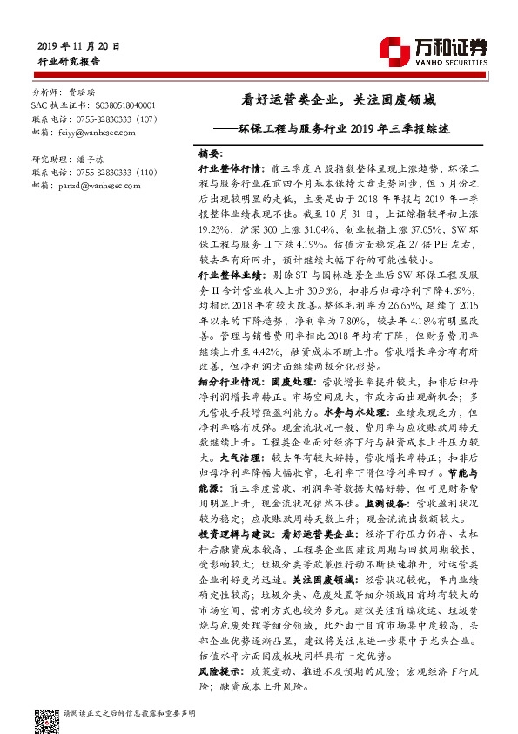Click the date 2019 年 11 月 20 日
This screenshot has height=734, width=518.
[x=79, y=45]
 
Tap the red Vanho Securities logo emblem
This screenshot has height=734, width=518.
[x=397, y=49]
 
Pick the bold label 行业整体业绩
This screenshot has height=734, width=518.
[x=232, y=275]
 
